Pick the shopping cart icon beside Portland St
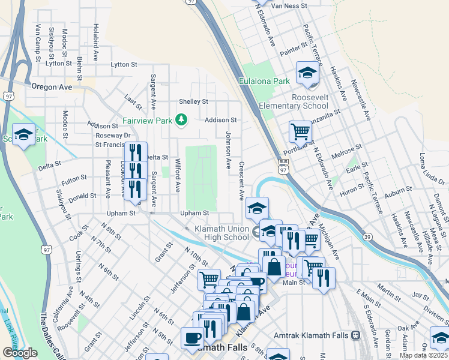coord(300,130)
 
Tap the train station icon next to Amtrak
coord(355,335)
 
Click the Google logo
coord(20,352)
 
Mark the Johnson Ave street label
coord(228,150)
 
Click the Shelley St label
coord(193,101)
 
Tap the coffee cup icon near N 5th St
coord(193,337)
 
